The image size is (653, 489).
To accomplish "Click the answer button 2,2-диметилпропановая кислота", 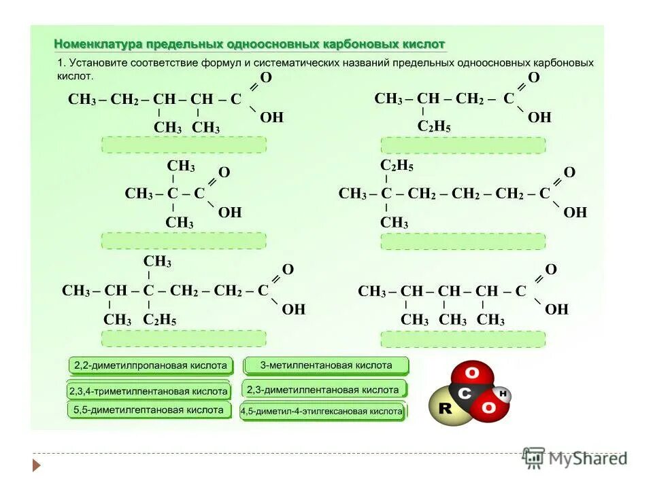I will (x=150, y=365).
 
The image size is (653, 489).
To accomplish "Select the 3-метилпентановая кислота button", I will (x=326, y=365).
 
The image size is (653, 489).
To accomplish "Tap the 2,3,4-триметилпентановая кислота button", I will (x=148, y=392).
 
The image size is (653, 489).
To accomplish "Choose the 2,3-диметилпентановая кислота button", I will (x=323, y=390).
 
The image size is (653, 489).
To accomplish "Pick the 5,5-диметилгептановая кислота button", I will (x=148, y=410).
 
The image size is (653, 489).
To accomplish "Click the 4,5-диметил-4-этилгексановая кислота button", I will (x=322, y=412).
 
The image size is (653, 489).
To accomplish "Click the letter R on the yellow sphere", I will (x=446, y=409).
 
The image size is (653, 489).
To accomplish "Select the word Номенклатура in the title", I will (x=96, y=44).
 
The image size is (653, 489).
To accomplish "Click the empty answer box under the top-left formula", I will (x=184, y=145).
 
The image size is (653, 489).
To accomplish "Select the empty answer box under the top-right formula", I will (x=463, y=145).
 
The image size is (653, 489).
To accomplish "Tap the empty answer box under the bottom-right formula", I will (x=463, y=340).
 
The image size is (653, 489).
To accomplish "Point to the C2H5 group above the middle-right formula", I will (x=397, y=166).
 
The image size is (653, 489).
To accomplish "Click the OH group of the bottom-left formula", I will (x=294, y=310).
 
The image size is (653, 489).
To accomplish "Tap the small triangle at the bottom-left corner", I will (x=37, y=465).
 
